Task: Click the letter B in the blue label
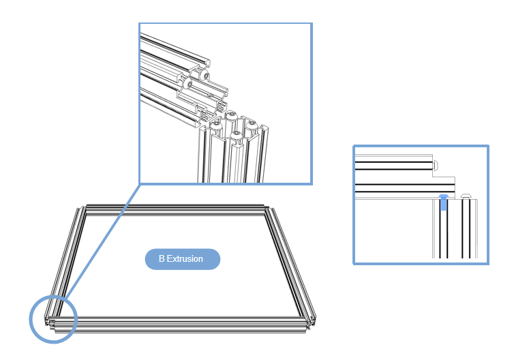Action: [162, 259]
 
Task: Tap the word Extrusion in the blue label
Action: [185, 259]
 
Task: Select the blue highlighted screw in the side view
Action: [444, 202]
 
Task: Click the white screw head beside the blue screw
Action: [466, 196]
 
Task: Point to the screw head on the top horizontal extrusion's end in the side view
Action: [436, 165]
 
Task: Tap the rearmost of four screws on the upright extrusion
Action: [230, 116]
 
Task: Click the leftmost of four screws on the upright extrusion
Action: [216, 127]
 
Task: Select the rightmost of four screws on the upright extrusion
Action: [251, 125]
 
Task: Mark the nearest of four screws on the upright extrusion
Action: [236, 136]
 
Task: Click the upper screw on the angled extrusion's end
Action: [205, 75]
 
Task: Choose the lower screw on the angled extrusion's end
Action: [188, 83]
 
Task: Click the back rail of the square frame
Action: [175, 209]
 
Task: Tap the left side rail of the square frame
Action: [65, 263]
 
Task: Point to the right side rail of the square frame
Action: [290, 263]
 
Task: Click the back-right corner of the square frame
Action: [269, 210]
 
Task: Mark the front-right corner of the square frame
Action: [309, 322]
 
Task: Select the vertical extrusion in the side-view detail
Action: [455, 228]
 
